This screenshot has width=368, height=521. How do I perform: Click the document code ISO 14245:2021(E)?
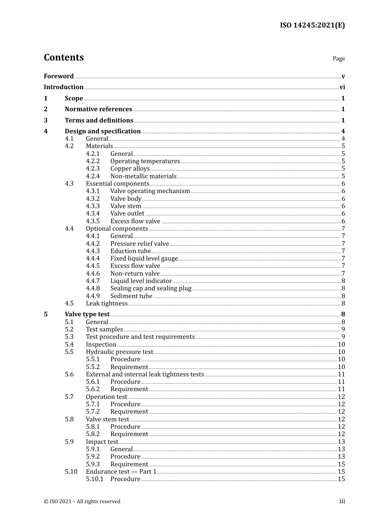point(312,26)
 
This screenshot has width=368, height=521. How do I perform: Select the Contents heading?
point(64,57)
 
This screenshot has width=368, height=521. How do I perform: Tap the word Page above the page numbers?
point(339,59)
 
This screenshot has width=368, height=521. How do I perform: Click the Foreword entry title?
point(58,76)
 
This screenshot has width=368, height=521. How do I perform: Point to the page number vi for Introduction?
point(342,87)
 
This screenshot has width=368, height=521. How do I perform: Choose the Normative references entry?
point(98,109)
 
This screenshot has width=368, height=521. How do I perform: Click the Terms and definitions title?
point(99,121)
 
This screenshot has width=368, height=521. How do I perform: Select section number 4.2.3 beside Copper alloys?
point(93,169)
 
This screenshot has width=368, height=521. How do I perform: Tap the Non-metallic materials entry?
point(143,176)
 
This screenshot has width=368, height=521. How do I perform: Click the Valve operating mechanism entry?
point(150,191)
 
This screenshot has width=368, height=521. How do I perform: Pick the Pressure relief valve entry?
point(139,244)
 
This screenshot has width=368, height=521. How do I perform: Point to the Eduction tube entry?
point(130,251)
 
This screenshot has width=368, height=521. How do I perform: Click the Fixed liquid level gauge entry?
point(144,259)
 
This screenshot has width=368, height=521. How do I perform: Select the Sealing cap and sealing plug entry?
point(151,288)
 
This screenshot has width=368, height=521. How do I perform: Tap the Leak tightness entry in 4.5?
point(107,304)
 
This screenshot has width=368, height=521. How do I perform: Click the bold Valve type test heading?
point(87,314)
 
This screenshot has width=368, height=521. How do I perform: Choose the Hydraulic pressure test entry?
point(119,352)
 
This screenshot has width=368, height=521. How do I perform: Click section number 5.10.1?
point(95,479)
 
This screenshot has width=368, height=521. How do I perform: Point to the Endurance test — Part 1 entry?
point(121,472)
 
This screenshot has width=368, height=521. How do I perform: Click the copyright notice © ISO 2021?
point(82,502)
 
